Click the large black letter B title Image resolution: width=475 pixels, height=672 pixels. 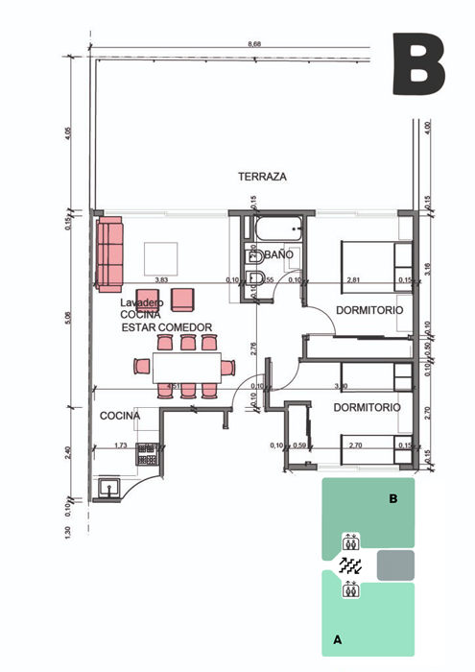coord(419,64)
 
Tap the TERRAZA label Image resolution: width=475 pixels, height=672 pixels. coord(263,177)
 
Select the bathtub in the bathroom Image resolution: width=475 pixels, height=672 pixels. coord(277,231)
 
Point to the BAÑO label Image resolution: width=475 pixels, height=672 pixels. coord(277,255)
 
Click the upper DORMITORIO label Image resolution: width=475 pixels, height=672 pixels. coord(369,310)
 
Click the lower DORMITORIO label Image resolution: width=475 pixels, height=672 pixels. coord(367,408)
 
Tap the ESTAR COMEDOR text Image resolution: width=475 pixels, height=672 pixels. coord(167,327)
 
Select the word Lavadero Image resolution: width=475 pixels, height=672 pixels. coord(142,302)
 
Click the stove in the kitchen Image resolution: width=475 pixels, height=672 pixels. coord(147,453)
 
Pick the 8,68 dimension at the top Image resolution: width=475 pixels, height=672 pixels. coord(254,44)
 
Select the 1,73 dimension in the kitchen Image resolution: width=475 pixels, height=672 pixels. coord(120,445)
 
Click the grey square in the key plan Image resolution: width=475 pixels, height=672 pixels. coord(395,564)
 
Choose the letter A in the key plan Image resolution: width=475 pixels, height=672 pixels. coord(337,637)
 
